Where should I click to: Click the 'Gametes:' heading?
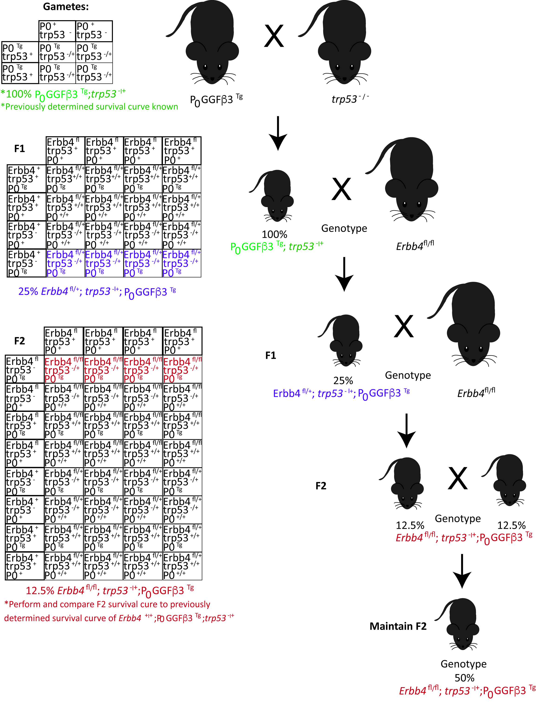pyautogui.click(x=66, y=7)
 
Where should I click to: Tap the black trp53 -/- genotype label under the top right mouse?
pyautogui.click(x=350, y=99)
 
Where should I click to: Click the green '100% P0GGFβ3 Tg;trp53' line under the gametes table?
pyautogui.click(x=63, y=94)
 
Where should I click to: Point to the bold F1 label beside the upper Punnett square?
pyautogui.click(x=19, y=149)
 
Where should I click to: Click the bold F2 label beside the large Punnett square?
pyautogui.click(x=19, y=341)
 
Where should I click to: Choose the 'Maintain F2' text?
pyautogui.click(x=398, y=626)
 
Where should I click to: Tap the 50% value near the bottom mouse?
pyautogui.click(x=464, y=678)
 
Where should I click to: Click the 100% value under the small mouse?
pyautogui.click(x=274, y=234)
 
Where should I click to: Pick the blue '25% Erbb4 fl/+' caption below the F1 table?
pyautogui.click(x=97, y=292)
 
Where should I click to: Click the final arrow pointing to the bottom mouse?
pyautogui.click(x=462, y=571)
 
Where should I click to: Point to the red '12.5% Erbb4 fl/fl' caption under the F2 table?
pyautogui.click(x=110, y=591)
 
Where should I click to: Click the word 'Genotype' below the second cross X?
pyautogui.click(x=344, y=228)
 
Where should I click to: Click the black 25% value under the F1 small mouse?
pyautogui.click(x=343, y=380)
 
